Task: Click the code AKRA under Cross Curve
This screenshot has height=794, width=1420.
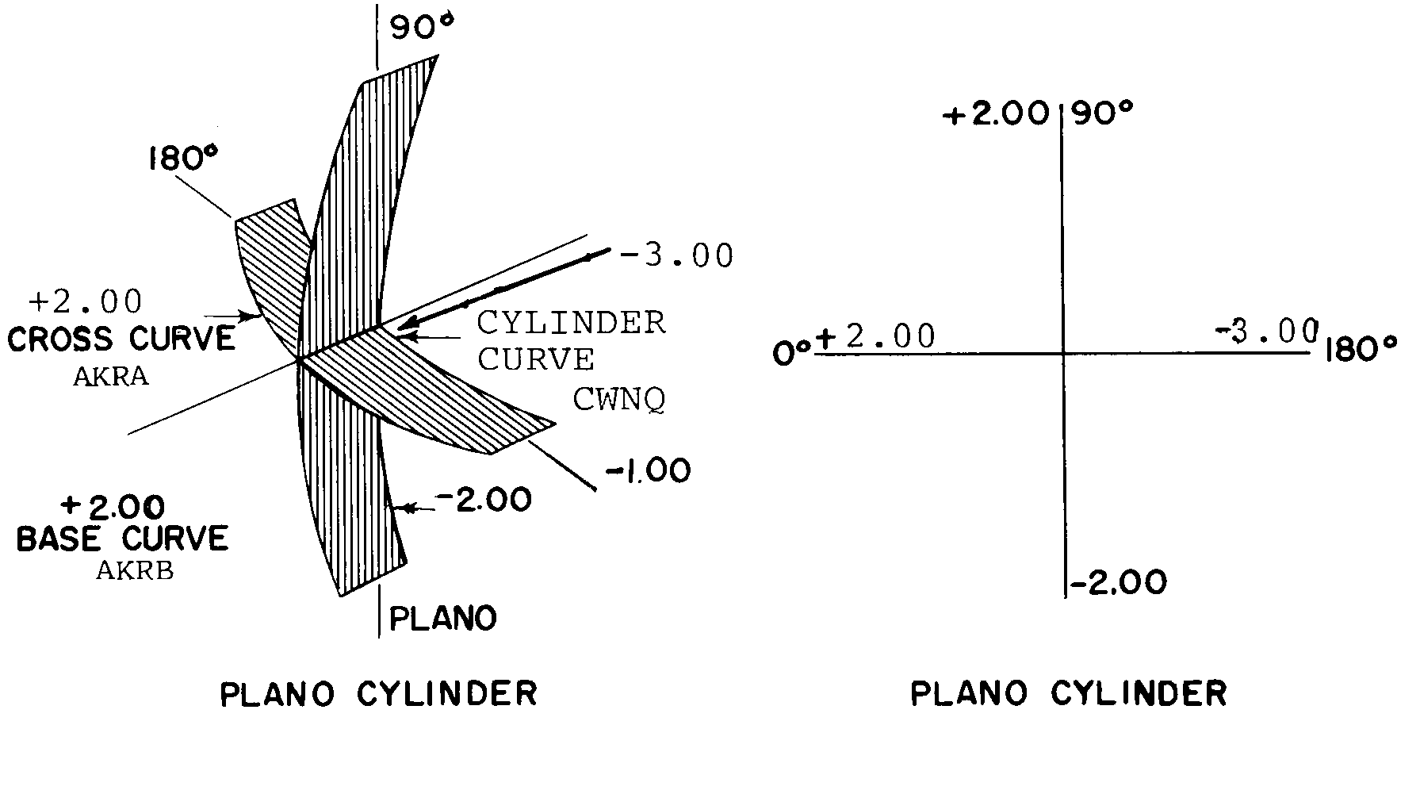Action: [111, 377]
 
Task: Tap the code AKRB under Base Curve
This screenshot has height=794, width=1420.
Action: [135, 570]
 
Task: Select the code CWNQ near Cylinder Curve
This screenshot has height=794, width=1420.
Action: [619, 401]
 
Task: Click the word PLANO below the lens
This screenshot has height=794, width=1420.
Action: [443, 618]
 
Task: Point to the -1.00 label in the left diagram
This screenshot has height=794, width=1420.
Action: [648, 471]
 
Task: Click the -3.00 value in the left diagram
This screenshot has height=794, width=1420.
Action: [678, 256]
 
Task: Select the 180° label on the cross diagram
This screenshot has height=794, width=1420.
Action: [1360, 350]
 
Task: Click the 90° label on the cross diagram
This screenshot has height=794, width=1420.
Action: [1104, 115]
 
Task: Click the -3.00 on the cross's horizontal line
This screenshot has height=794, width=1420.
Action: [1266, 331]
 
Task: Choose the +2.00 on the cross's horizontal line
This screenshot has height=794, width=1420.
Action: [876, 337]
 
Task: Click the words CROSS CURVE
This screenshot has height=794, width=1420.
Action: [121, 339]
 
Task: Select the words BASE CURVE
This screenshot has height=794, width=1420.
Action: [123, 539]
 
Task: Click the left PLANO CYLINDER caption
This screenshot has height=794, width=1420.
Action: [379, 695]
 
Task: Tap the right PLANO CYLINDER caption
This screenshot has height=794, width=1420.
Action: [1069, 694]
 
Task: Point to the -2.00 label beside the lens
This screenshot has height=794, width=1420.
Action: [483, 501]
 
